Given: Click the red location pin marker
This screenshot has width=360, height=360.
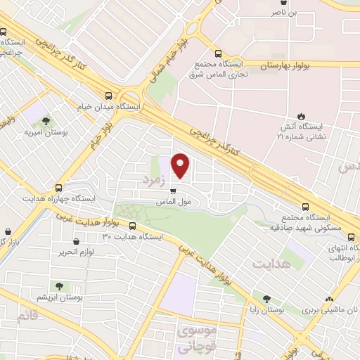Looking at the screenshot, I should [181, 166].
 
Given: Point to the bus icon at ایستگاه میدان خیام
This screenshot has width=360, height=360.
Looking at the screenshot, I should [108, 96].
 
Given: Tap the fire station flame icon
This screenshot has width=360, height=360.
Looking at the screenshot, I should [302, 115].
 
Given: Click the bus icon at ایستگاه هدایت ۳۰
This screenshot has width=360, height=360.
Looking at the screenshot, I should [133, 226].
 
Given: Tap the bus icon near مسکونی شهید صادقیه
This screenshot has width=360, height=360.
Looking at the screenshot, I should [304, 207].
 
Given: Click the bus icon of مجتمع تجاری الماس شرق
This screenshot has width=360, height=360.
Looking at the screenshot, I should [218, 53].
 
